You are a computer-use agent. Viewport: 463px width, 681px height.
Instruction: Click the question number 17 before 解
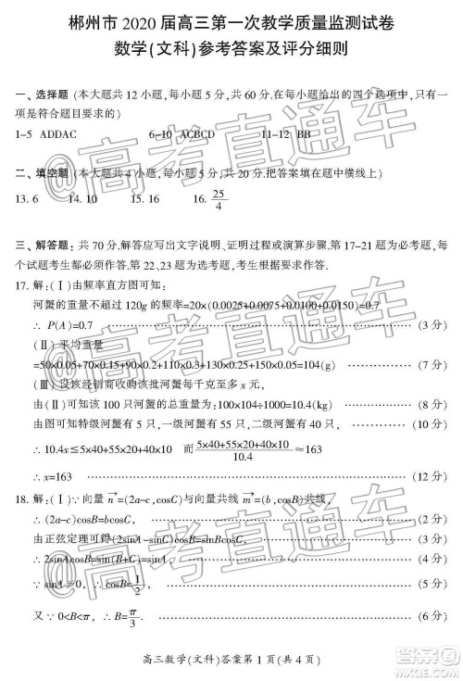(21, 285)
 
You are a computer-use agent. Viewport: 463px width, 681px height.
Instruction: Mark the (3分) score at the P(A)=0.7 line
(432, 326)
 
